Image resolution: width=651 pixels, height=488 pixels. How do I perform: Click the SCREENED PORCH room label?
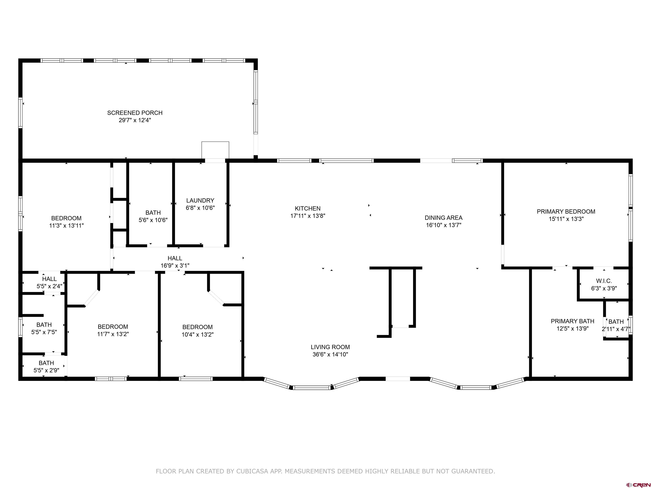(135, 113)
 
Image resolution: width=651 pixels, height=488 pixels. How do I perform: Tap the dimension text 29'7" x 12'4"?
(135, 120)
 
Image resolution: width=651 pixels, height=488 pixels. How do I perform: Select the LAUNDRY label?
(200, 200)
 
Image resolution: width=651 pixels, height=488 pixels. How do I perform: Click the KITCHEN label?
(307, 208)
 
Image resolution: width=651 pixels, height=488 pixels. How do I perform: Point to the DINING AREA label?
(443, 218)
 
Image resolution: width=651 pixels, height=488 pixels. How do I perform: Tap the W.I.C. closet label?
(604, 281)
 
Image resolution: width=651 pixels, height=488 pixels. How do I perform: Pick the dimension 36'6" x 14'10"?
(330, 354)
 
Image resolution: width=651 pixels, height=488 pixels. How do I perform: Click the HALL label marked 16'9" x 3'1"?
(175, 258)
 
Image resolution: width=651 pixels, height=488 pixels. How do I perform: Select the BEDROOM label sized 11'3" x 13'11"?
(66, 218)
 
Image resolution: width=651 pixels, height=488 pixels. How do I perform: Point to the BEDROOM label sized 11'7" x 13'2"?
(113, 327)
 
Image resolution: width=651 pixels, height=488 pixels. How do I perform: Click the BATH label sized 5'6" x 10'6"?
(153, 213)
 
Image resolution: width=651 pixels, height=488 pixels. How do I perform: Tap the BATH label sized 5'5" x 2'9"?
(46, 363)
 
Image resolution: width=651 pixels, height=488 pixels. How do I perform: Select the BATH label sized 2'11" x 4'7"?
(616, 322)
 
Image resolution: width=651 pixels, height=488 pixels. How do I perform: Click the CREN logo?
(638, 484)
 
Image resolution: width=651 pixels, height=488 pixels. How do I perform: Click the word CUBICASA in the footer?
(252, 471)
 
